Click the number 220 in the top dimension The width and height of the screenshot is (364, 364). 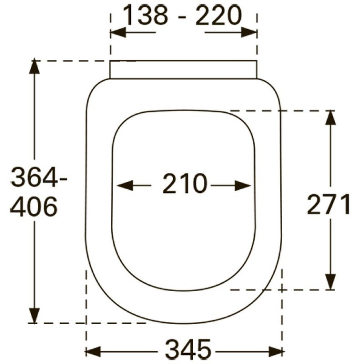point(218,15)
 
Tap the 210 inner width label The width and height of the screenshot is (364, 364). point(184,184)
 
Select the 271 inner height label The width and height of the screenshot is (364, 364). point(329,205)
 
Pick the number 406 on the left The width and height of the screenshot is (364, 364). point(34,207)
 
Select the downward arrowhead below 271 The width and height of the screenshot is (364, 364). point(330,282)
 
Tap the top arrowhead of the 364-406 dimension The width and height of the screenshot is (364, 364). point(35,66)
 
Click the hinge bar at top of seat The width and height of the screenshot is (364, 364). point(183,69)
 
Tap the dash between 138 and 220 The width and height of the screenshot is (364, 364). point(182,16)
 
